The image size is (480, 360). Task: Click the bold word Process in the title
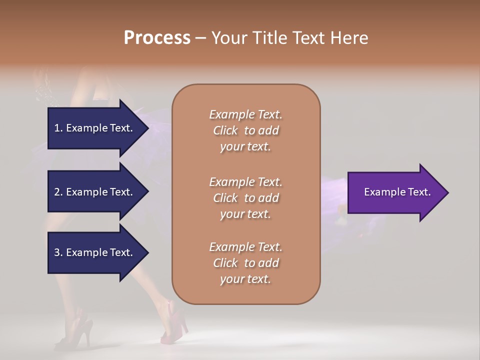tap(157, 38)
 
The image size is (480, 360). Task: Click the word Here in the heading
tap(348, 38)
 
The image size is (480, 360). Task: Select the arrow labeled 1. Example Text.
tap(95, 128)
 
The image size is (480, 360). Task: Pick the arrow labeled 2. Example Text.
tap(95, 192)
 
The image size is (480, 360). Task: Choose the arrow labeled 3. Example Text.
tap(95, 252)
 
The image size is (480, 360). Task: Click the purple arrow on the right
tap(395, 192)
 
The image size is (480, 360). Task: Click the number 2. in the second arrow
tap(58, 192)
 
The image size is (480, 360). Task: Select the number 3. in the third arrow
tap(58, 252)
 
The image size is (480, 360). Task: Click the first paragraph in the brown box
tap(245, 130)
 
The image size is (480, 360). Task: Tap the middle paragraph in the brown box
tap(245, 198)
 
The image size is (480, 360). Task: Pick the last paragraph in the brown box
tap(245, 263)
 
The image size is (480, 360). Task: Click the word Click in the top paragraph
tap(225, 130)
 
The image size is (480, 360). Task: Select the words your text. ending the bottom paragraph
tap(245, 279)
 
